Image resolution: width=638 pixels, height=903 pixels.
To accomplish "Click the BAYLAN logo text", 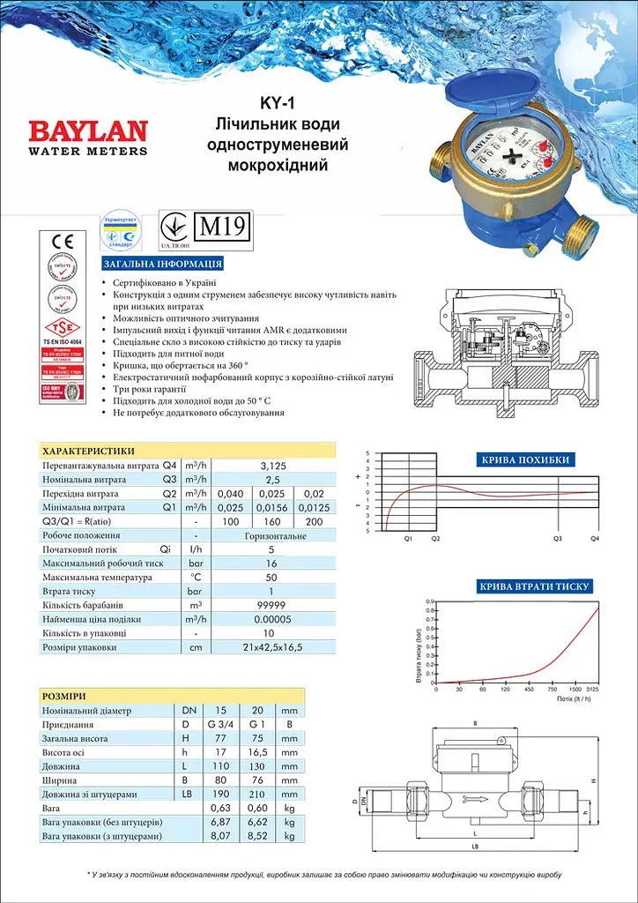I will (x=88, y=131).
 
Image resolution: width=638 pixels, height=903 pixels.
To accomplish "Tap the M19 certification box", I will (x=223, y=226).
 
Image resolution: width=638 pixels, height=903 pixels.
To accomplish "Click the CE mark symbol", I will (x=63, y=243).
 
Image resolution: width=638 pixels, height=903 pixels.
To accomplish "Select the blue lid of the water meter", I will (x=510, y=98).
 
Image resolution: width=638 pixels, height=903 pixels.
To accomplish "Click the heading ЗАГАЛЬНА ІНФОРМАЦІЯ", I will (x=162, y=264).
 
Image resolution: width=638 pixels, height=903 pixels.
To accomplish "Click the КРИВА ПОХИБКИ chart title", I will (x=525, y=459).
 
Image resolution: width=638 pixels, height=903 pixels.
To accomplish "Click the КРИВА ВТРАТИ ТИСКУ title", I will (x=534, y=586).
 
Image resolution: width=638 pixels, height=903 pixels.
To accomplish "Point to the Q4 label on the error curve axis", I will (x=594, y=537).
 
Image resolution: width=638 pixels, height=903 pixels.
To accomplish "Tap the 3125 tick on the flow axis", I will (x=592, y=689).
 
